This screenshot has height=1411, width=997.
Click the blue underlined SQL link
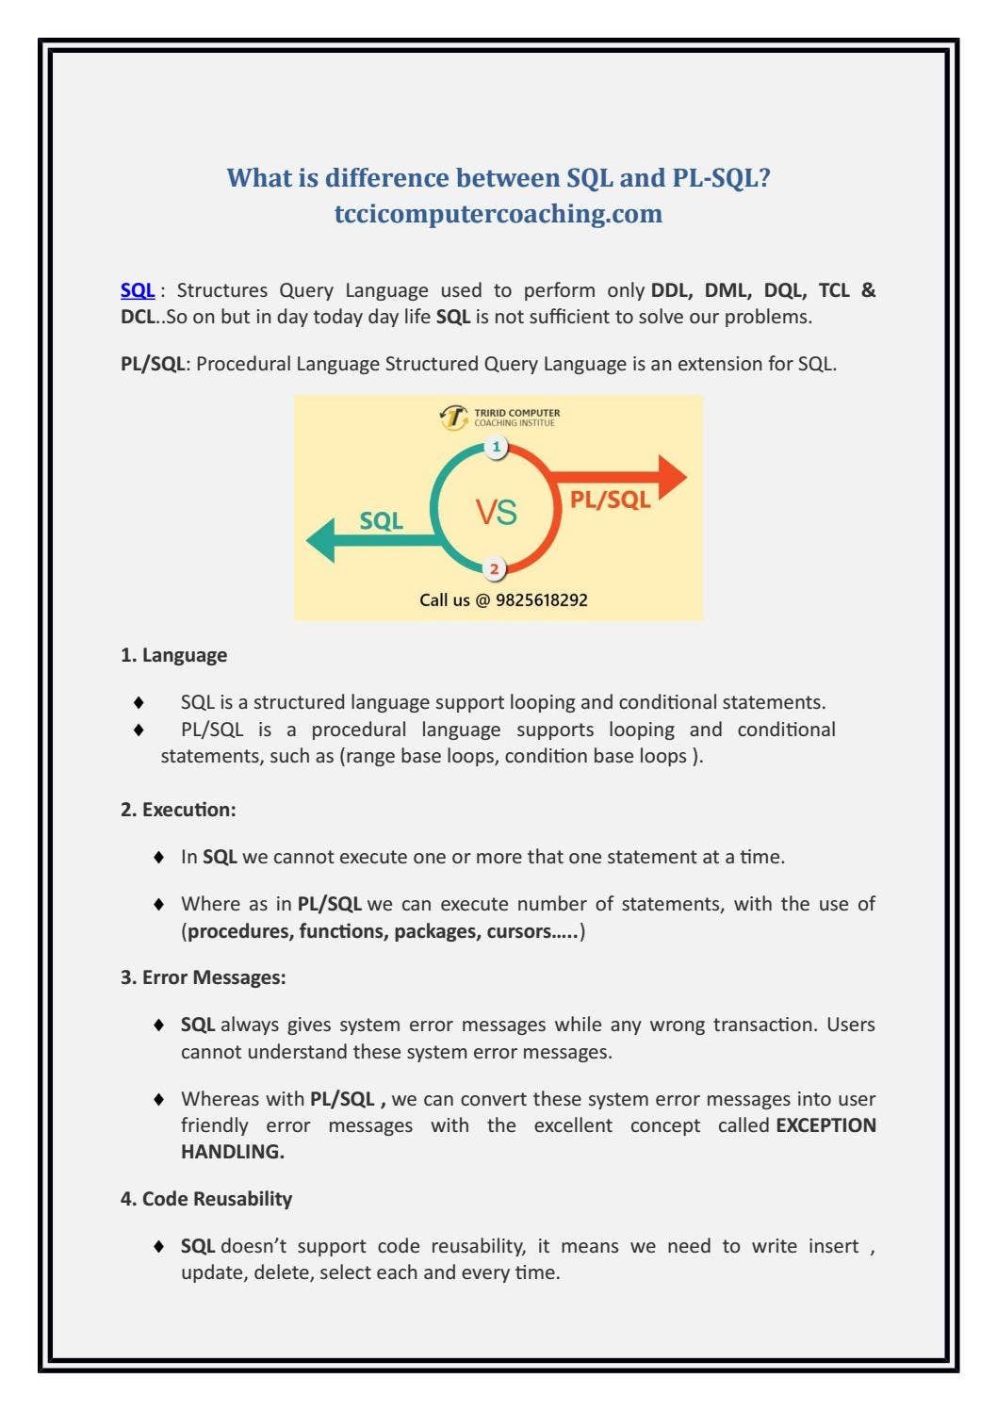138,290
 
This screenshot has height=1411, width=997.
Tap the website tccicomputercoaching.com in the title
498,214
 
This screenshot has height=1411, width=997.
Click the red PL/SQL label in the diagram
610,500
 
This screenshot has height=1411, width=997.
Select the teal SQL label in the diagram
382,521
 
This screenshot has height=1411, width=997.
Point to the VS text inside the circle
496,513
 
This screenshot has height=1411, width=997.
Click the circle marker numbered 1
497,447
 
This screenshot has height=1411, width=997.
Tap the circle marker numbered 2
494,569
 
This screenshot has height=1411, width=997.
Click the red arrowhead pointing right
671,477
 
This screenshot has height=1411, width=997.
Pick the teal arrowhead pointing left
321,540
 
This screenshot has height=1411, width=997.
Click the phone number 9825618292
542,600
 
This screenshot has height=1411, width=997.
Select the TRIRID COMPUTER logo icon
454,417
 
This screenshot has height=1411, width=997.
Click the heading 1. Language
173,655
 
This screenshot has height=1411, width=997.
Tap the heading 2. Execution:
178,810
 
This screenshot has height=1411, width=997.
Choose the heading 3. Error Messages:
203,977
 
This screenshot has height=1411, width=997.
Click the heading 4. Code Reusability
206,1199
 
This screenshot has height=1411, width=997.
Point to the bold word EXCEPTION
825,1125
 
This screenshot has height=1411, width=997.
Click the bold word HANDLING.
232,1152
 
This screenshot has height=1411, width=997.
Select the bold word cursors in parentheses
518,931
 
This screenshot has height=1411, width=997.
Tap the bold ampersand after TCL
868,290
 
